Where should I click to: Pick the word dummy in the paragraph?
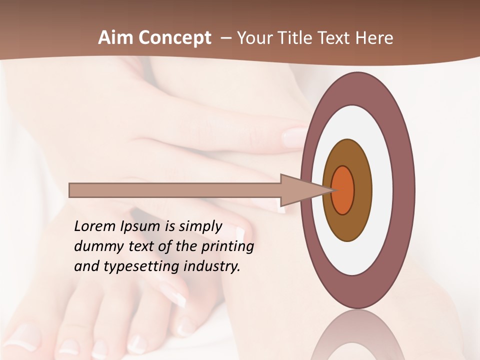click(x=97, y=246)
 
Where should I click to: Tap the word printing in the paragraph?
click(x=227, y=247)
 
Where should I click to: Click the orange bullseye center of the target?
click(x=343, y=190)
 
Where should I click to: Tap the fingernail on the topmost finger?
click(x=295, y=137)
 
